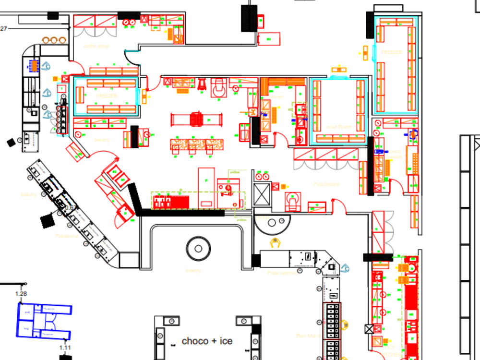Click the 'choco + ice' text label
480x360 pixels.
click(x=207, y=341)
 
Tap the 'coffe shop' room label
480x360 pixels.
click(x=96, y=46)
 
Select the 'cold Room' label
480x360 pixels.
click(x=339, y=127)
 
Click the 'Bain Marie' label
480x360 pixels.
click(x=308, y=336)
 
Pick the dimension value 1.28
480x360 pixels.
click(x=21, y=293)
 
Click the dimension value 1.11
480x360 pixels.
click(x=65, y=348)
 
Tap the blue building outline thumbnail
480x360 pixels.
click(x=44, y=321)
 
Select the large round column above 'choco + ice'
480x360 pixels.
click(x=198, y=249)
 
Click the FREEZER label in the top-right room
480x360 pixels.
click(x=392, y=52)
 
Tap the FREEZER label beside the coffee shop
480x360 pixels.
click(x=106, y=96)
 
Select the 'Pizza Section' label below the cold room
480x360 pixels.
click(x=326, y=184)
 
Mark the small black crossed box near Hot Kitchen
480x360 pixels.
click(x=369, y=329)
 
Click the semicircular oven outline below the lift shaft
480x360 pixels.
click(x=272, y=222)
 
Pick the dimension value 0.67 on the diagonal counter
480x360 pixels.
click(x=70, y=208)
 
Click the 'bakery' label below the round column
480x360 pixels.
click(x=193, y=270)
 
